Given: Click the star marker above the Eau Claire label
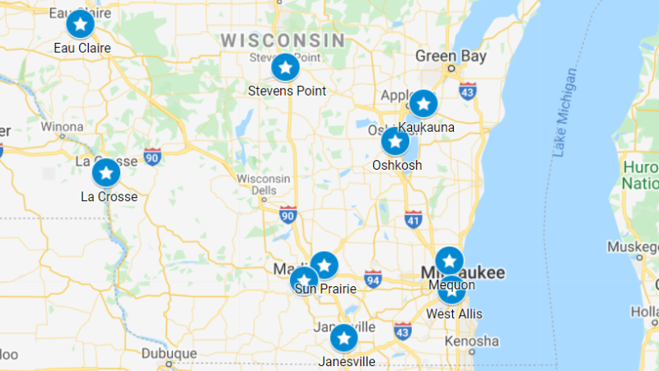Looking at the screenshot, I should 80,25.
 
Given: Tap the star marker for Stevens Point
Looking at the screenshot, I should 285,68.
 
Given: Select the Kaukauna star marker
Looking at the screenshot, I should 423,104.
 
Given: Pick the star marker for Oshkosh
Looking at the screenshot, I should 395,142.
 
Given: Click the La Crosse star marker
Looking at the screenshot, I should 105,173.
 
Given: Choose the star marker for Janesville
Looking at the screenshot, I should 344,338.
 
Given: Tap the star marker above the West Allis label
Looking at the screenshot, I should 451,289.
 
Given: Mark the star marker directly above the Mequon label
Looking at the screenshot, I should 449,261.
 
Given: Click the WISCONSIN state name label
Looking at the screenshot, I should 283,40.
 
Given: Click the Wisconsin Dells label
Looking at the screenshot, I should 264,185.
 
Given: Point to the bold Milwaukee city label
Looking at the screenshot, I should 463,273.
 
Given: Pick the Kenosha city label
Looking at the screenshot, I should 471,340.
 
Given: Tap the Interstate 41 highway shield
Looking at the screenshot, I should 414,219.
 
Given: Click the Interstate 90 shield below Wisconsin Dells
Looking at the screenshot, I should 287,216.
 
